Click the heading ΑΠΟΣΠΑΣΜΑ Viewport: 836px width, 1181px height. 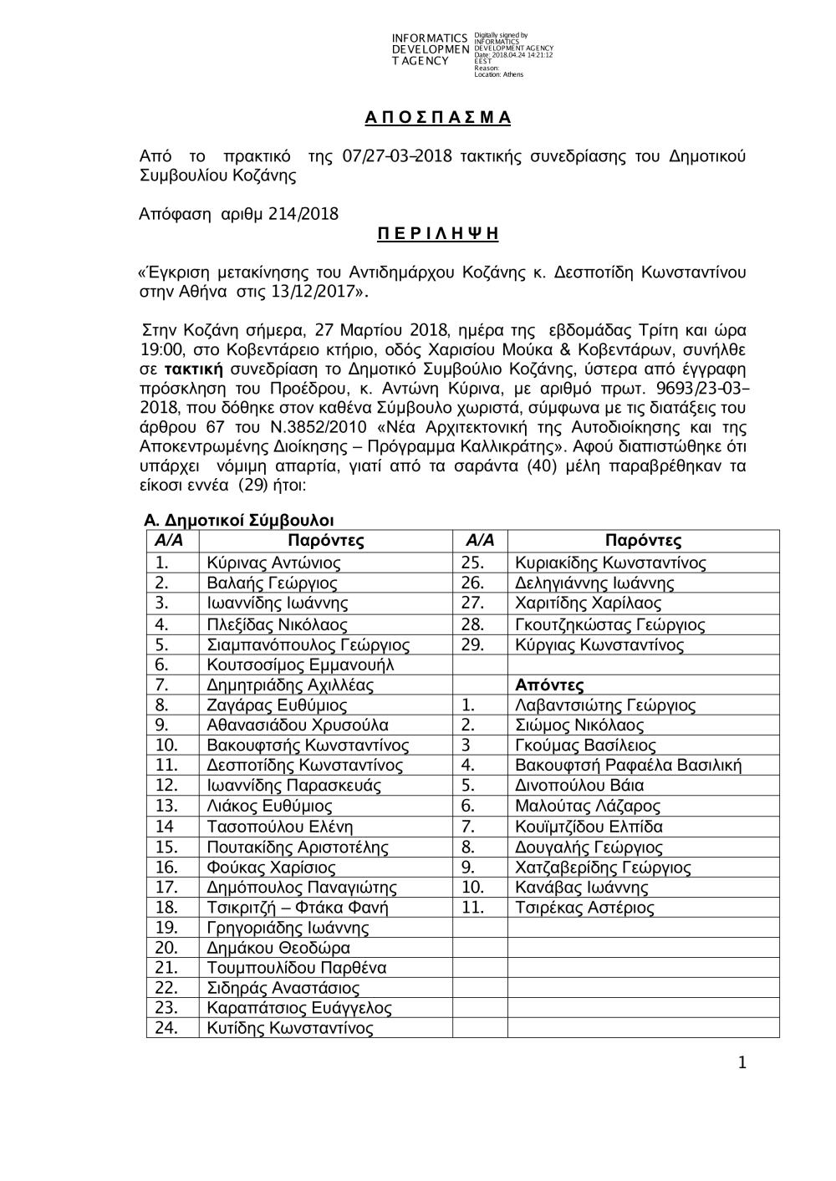coord(437,117)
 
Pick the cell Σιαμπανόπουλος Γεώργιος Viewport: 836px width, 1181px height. coord(308,645)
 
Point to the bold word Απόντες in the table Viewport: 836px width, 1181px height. coord(549,685)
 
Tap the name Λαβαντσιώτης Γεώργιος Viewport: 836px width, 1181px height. coord(605,705)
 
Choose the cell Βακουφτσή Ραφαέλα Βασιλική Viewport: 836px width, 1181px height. coord(629,766)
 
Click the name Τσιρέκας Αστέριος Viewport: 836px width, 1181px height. coord(585,908)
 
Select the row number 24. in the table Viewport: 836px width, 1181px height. coord(167,1029)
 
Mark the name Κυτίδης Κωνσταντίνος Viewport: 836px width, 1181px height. coord(290,1029)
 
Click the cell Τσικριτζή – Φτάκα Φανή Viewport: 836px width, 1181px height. coord(298,908)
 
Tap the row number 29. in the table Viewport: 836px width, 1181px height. coord(472,645)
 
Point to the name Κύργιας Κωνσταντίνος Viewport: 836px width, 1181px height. coord(599,645)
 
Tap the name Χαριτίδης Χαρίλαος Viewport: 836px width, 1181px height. coord(589,603)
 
